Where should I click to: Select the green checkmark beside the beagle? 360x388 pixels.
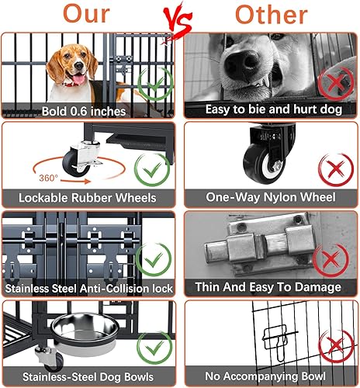pyautogui.click(x=155, y=83)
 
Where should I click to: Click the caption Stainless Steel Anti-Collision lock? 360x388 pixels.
pyautogui.click(x=90, y=287)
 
